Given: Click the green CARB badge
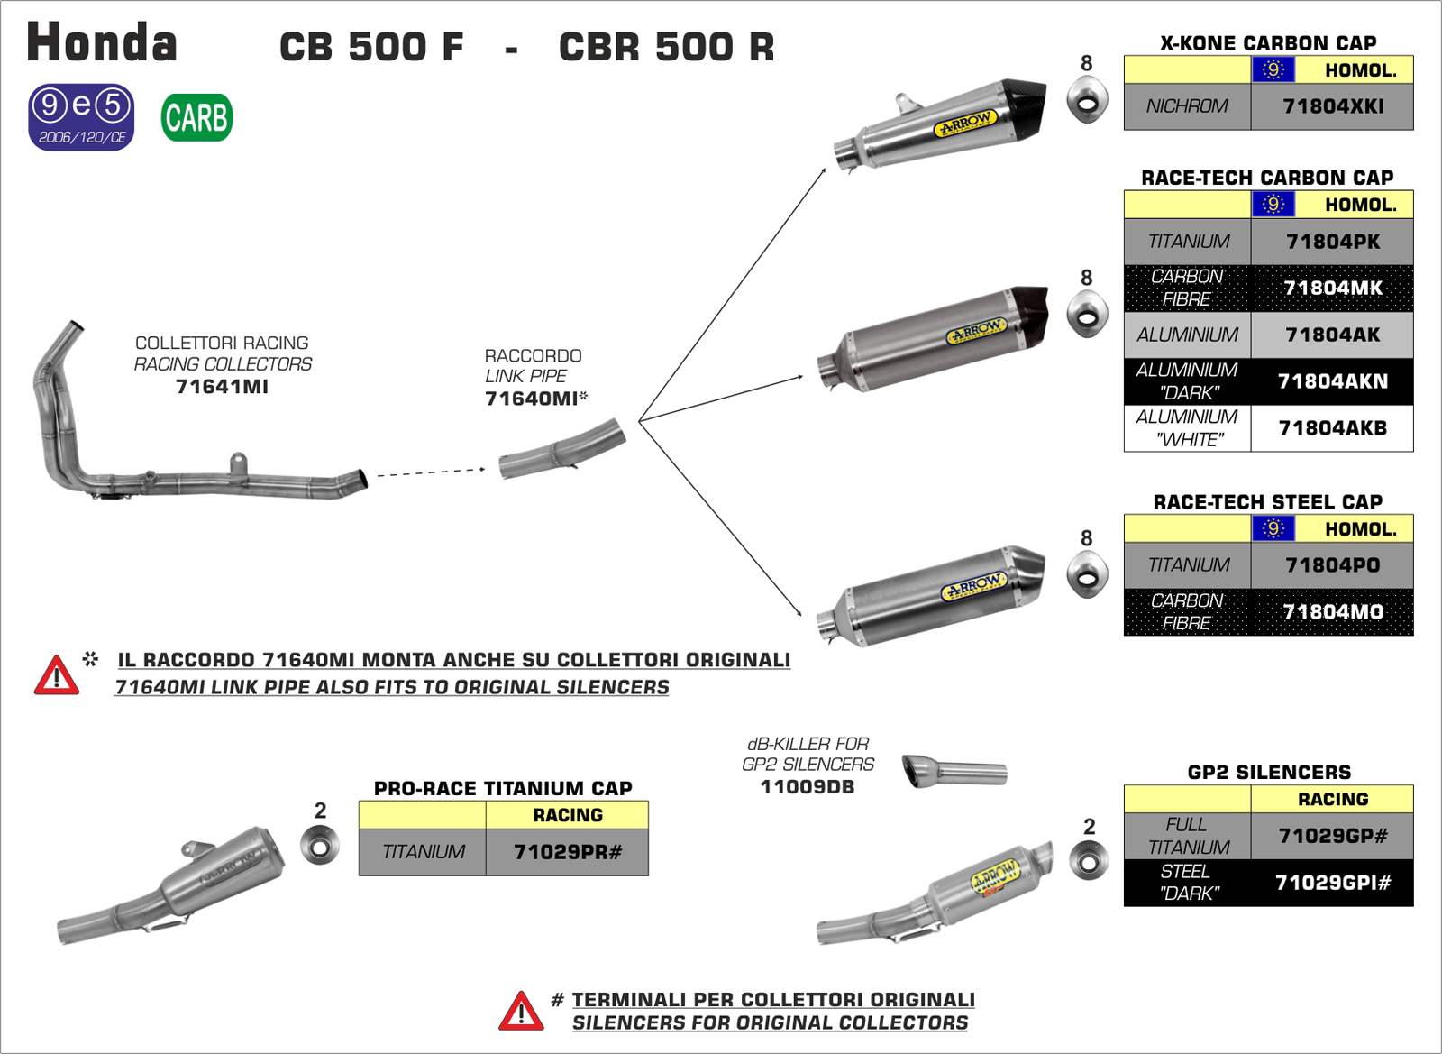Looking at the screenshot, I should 196,118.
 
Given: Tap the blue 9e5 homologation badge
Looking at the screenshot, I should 81,117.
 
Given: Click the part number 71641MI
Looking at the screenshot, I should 222,387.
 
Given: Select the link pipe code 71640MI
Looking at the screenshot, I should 531,399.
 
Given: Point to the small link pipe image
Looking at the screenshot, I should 562,448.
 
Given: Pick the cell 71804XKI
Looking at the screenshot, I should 1332,106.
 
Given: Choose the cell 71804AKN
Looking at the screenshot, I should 1332,381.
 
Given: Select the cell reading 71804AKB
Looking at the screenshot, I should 1332,428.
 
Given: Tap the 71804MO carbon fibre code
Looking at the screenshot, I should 1332,612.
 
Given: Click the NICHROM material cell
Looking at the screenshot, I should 1187,106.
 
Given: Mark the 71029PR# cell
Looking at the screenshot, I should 567,852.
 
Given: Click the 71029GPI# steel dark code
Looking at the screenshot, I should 1332,883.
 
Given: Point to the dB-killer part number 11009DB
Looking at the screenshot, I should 807,787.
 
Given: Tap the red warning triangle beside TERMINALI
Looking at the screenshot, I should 521,1012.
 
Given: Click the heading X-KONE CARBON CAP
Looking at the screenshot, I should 1267,43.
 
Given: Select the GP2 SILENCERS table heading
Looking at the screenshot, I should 1269,773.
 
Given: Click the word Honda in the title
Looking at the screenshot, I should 102,43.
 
